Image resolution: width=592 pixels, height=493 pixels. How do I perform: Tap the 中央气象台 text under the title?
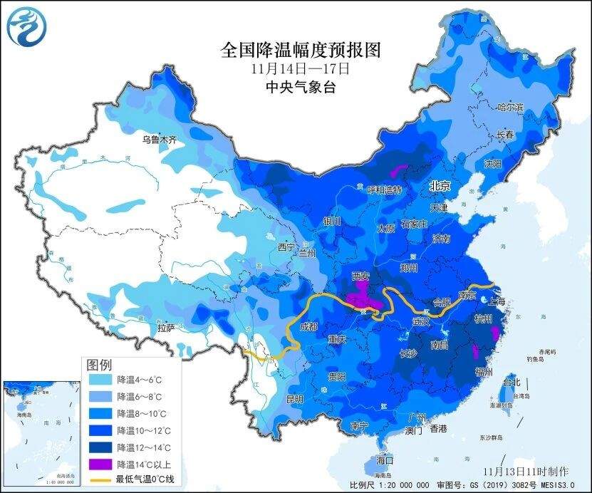[300, 87]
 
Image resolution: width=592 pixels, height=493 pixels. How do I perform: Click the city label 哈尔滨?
[510, 108]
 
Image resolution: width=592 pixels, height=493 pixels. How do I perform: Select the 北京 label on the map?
[440, 185]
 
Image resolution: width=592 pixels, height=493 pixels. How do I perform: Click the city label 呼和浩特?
[385, 190]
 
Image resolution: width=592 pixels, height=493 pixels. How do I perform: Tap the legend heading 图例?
[99, 364]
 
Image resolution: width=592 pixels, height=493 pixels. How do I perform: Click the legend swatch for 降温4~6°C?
[100, 379]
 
